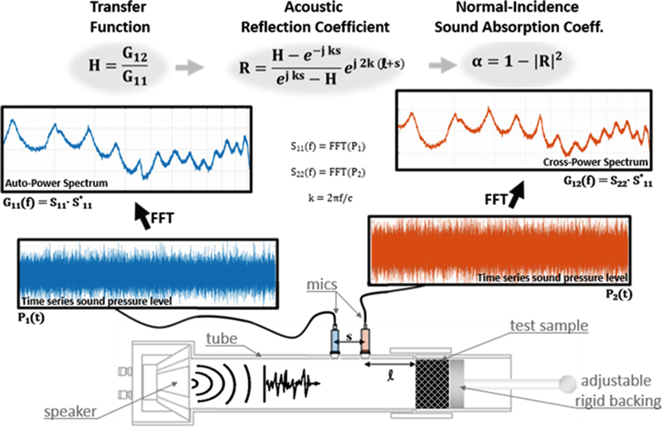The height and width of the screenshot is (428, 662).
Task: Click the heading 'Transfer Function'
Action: click(120, 17)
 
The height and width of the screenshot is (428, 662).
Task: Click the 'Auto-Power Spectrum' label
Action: click(57, 183)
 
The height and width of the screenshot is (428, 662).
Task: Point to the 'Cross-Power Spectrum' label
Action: click(595, 162)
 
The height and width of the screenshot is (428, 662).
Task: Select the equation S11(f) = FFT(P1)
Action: click(328, 147)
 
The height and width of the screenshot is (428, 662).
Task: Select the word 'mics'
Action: click(322, 285)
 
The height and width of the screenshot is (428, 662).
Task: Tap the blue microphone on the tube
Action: click(334, 340)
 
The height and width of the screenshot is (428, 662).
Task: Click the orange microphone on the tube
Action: click(365, 340)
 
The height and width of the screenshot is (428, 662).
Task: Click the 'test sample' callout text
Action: click(549, 326)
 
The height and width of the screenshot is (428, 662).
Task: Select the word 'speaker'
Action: click(70, 412)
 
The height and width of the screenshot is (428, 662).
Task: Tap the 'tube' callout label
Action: click(222, 339)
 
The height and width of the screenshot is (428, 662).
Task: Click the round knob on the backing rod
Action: click(567, 383)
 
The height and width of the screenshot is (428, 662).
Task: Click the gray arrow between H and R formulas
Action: click(189, 68)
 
